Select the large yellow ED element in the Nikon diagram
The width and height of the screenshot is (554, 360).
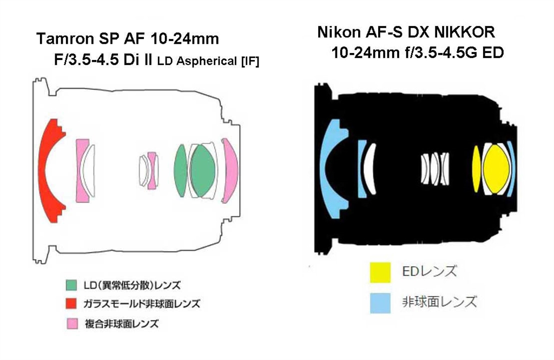[496, 169]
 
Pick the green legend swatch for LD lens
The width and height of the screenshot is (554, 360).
[71, 285]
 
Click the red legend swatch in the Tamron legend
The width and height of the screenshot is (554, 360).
[71, 304]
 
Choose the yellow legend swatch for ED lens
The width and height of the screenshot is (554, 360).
[380, 272]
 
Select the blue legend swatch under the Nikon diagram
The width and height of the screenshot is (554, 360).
[380, 303]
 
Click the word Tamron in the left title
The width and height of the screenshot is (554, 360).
[65, 39]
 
